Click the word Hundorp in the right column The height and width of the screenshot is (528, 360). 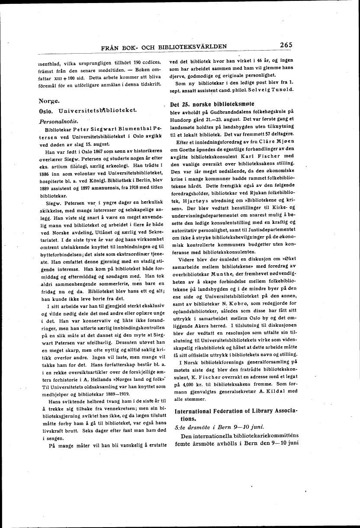tap(183, 119)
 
